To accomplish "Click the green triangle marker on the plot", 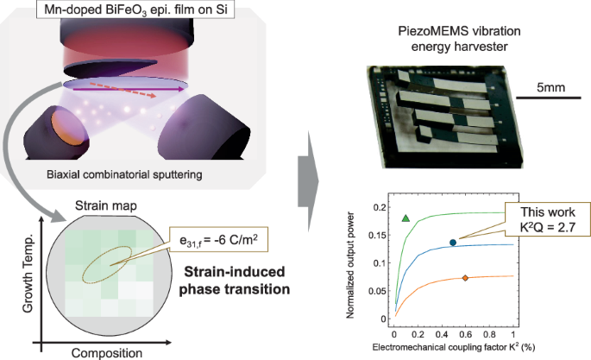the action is (x=406, y=218).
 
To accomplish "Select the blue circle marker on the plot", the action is (x=452, y=243).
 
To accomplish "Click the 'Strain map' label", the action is (x=101, y=206).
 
